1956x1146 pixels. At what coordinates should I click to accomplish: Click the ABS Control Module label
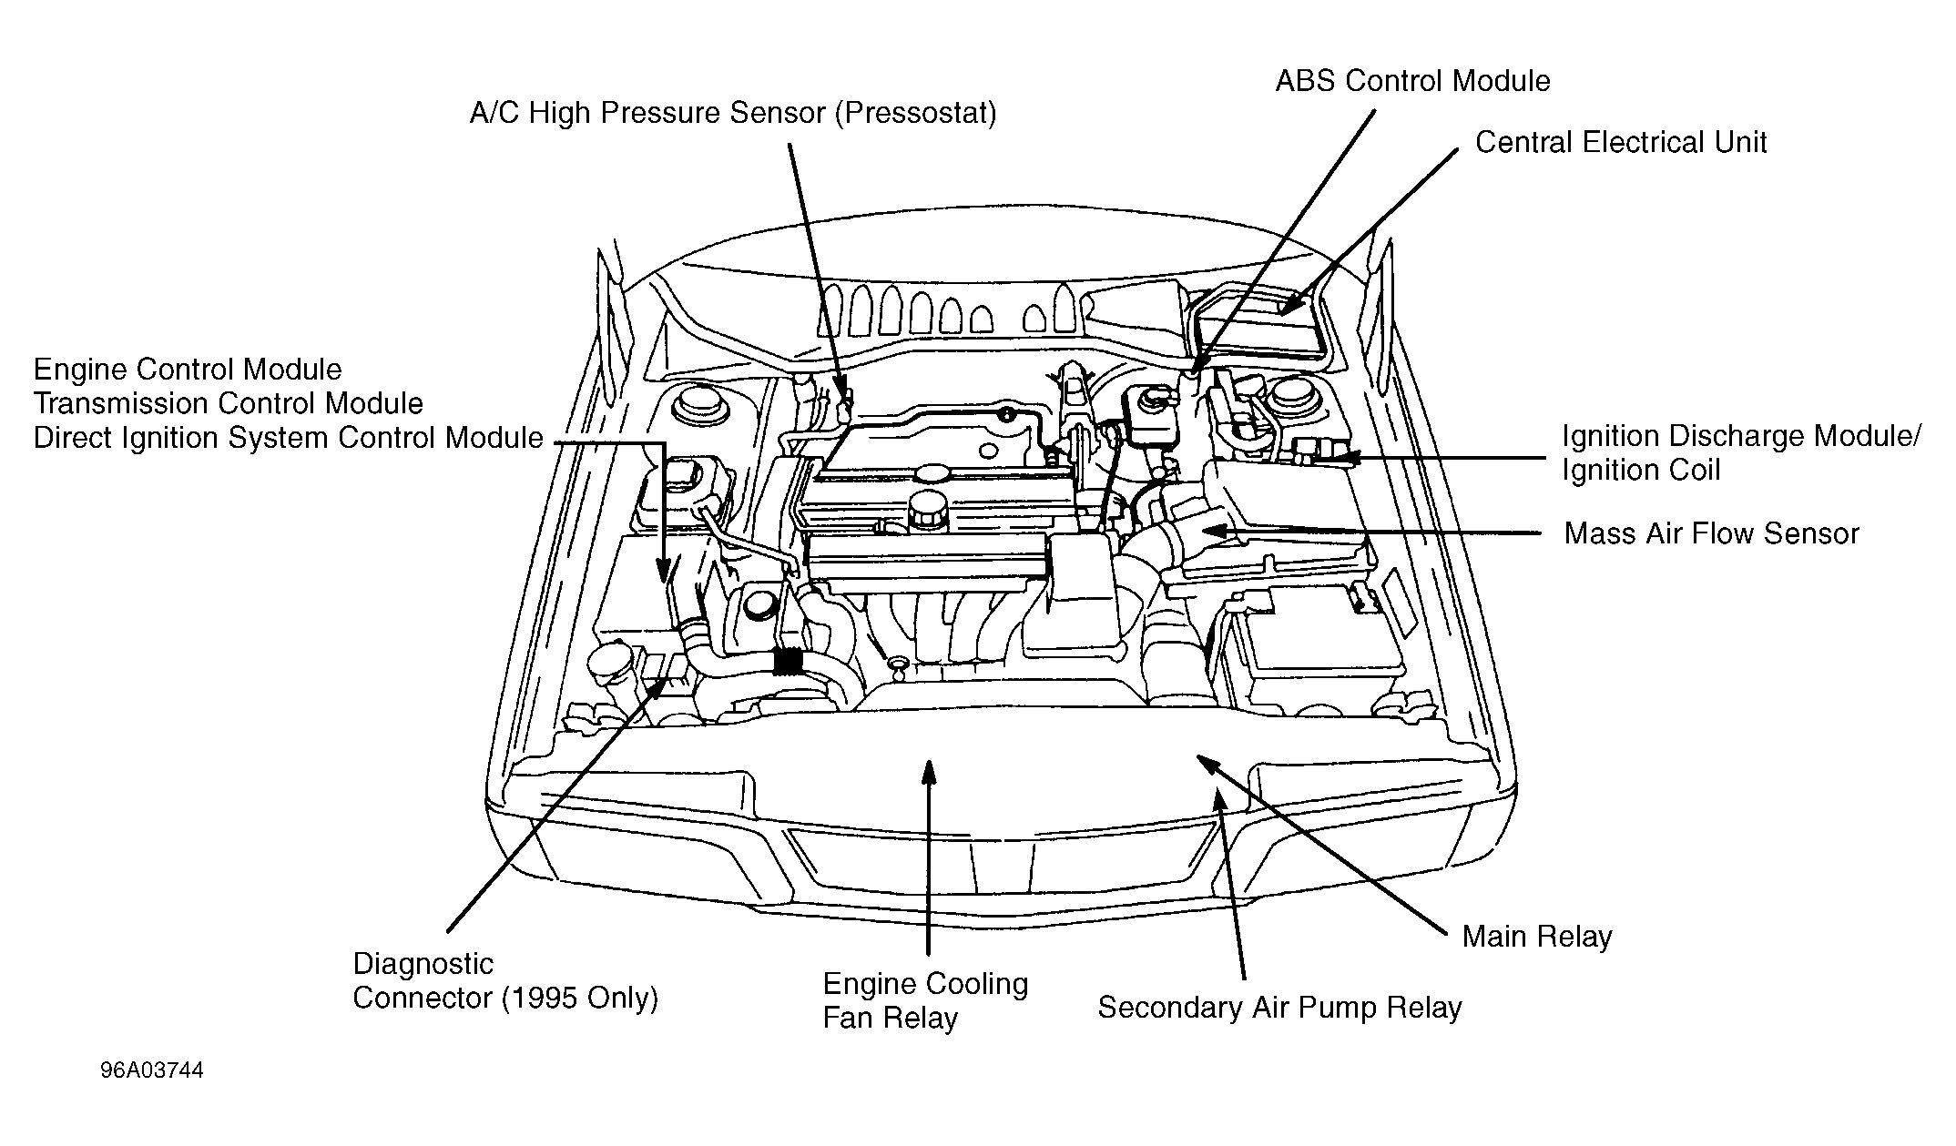click(1411, 81)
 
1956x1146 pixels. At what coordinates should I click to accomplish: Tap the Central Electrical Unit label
click(1620, 143)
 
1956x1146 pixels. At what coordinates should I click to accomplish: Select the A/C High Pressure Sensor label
click(732, 114)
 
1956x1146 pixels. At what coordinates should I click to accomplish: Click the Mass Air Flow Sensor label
click(1711, 533)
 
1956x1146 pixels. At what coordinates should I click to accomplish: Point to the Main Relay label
click(1536, 937)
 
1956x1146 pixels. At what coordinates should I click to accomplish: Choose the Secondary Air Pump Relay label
click(1279, 1008)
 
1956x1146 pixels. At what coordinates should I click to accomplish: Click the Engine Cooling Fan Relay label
click(924, 1000)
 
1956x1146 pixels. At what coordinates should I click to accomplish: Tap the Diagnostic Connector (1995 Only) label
click(504, 981)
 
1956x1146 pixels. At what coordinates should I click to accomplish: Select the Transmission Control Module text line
click(228, 403)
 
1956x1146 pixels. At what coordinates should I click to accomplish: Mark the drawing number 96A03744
click(151, 1070)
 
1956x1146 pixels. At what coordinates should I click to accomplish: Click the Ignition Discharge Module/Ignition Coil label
click(1740, 453)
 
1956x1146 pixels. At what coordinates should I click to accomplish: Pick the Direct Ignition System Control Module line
click(288, 438)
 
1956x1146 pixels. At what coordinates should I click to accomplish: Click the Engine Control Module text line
click(188, 370)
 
